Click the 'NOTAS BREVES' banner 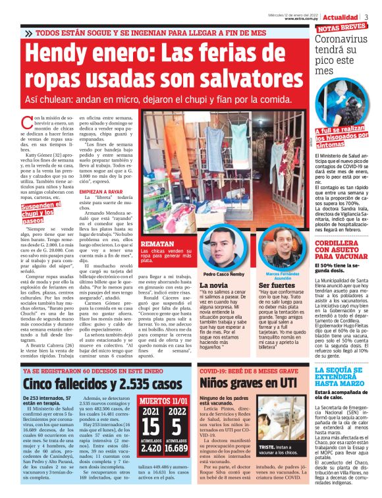[342, 28]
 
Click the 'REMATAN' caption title [159, 244]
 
